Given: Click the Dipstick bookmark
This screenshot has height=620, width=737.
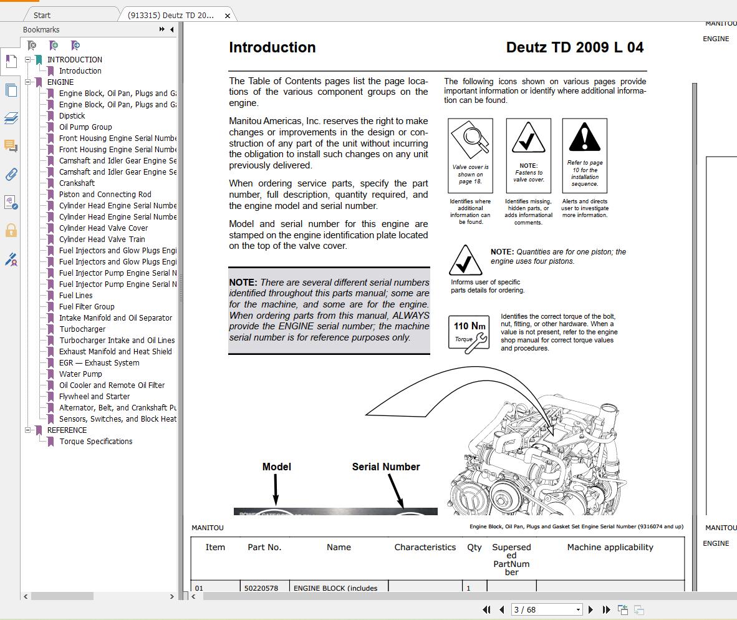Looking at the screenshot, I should click(x=72, y=116).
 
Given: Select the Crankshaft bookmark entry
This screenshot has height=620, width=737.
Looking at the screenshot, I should click(x=77, y=183).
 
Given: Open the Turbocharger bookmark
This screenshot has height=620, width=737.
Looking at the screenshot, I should click(x=82, y=329).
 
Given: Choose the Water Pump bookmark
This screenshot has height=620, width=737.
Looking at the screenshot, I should click(x=80, y=374).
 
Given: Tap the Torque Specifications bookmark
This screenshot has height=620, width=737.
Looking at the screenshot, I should click(x=95, y=442).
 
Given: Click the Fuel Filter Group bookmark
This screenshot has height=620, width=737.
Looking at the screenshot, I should click(x=87, y=307).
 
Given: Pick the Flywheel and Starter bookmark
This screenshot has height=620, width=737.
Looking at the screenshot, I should click(x=94, y=397).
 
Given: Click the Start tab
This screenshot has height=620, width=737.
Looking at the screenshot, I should click(x=42, y=15).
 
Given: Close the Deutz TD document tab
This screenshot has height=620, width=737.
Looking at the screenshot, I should click(x=228, y=16).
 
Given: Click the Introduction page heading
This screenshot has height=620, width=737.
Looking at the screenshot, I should click(x=272, y=47).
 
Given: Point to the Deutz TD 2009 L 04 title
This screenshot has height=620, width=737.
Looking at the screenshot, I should click(x=574, y=47).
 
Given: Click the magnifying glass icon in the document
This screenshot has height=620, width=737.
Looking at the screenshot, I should click(x=470, y=138).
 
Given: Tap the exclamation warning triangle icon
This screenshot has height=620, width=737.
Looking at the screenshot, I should click(x=584, y=137).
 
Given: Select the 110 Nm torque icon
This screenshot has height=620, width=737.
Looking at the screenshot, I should click(x=469, y=332).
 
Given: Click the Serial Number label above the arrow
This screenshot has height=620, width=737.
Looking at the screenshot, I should click(x=386, y=467).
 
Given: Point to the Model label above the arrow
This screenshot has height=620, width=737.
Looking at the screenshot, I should click(x=276, y=467).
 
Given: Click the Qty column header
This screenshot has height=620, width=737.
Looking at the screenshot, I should click(x=474, y=547).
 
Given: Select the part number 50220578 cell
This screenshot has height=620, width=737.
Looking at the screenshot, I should click(x=261, y=588).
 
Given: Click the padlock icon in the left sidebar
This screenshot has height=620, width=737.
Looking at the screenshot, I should click(x=11, y=231).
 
